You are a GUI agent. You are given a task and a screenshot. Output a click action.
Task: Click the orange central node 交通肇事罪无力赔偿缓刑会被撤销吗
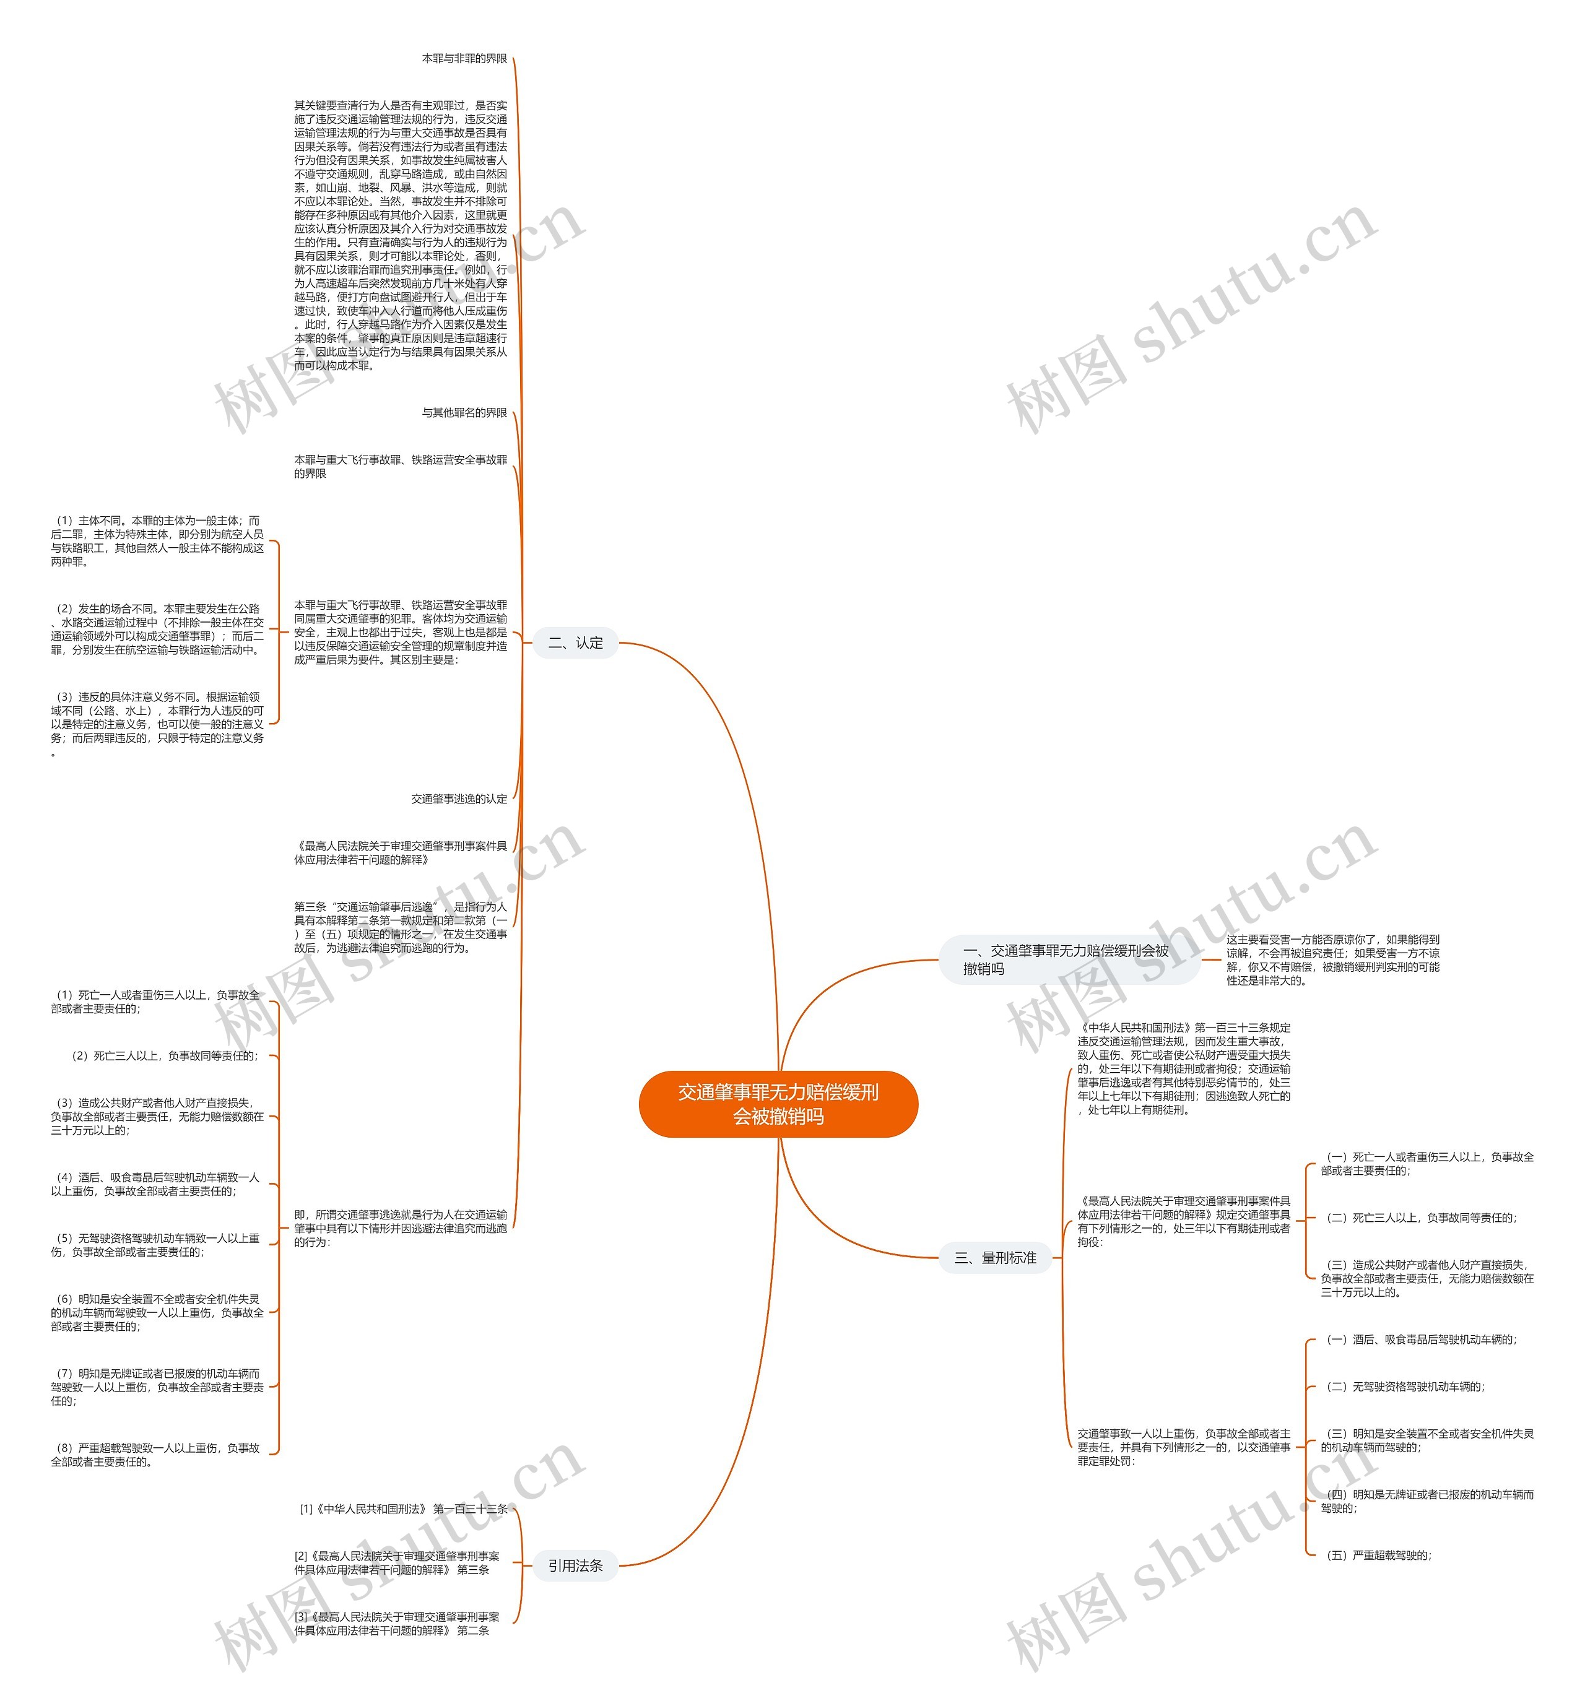778,1104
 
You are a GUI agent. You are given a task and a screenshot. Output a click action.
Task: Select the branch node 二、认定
575,643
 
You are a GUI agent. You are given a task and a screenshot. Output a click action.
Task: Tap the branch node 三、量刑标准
995,1258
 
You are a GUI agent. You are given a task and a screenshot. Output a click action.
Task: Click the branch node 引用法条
575,1565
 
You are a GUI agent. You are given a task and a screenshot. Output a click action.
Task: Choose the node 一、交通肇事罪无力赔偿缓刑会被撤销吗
1068,959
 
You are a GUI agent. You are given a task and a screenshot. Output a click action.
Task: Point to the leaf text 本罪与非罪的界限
464,59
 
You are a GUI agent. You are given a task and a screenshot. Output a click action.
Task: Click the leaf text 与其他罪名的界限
464,413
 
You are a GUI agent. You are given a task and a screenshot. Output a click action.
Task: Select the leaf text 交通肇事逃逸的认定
459,799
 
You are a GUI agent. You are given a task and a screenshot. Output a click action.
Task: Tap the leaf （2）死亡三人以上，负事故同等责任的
165,1055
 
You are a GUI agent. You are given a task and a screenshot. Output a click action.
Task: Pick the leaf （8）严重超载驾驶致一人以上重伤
156,1455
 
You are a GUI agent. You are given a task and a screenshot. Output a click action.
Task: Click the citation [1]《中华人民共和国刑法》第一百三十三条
404,1509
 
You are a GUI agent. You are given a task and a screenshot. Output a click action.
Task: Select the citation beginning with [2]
397,1562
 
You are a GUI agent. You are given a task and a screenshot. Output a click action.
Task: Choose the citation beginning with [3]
397,1624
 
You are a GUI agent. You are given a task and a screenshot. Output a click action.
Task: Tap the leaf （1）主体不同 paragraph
157,541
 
